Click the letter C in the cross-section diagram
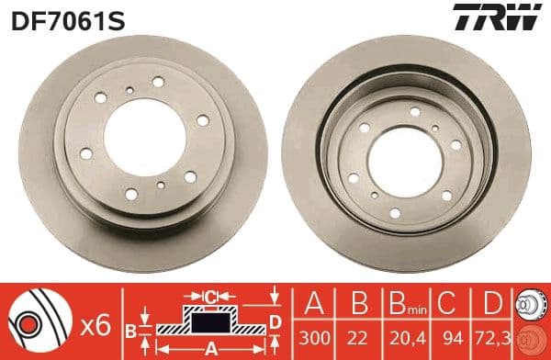(211, 297)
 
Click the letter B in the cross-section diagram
(130, 329)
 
